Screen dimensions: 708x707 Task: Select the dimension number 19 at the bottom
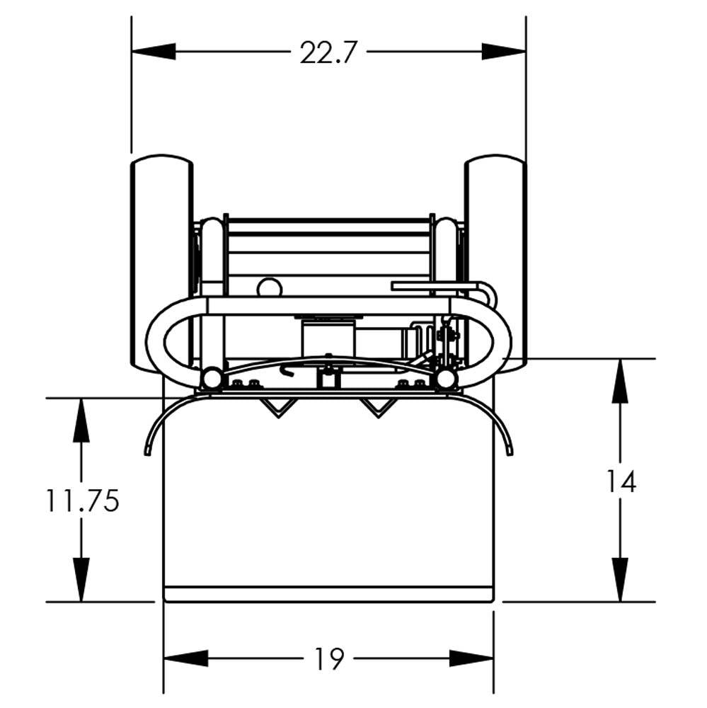tap(329, 659)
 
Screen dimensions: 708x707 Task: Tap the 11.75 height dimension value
tap(82, 501)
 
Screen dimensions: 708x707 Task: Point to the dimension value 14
tap(621, 481)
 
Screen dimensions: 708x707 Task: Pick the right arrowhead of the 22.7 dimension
tap(504, 51)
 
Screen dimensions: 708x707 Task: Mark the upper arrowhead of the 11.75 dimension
tap(81, 421)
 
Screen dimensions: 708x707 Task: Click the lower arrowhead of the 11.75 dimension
tap(81, 580)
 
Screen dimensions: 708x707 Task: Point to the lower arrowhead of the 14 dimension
tap(621, 580)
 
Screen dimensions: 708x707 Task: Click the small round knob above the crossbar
tap(269, 287)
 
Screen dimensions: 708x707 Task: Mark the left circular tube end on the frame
tap(209, 379)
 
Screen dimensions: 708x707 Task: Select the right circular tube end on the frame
tap(445, 379)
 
